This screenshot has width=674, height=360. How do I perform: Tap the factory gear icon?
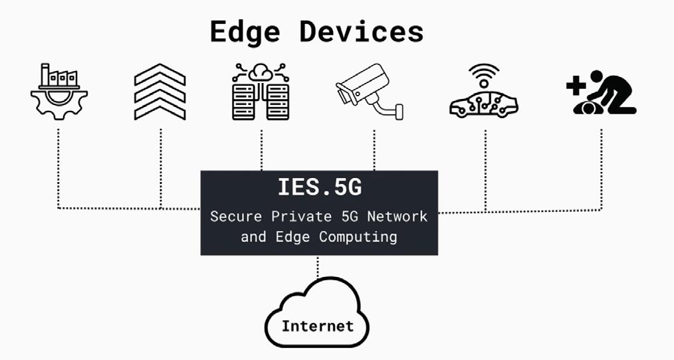coord(58,93)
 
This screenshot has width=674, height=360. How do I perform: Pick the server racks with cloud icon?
coord(261,92)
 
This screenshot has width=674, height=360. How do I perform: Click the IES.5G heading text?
coord(319,188)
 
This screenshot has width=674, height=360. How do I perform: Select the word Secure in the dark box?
coord(232,217)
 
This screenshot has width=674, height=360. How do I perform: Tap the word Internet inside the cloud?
coord(317,325)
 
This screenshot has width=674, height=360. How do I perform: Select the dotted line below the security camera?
coord(374,149)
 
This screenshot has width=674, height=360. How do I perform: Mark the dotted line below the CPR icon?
coord(602,166)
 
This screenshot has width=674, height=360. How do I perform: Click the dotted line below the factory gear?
coord(58,166)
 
